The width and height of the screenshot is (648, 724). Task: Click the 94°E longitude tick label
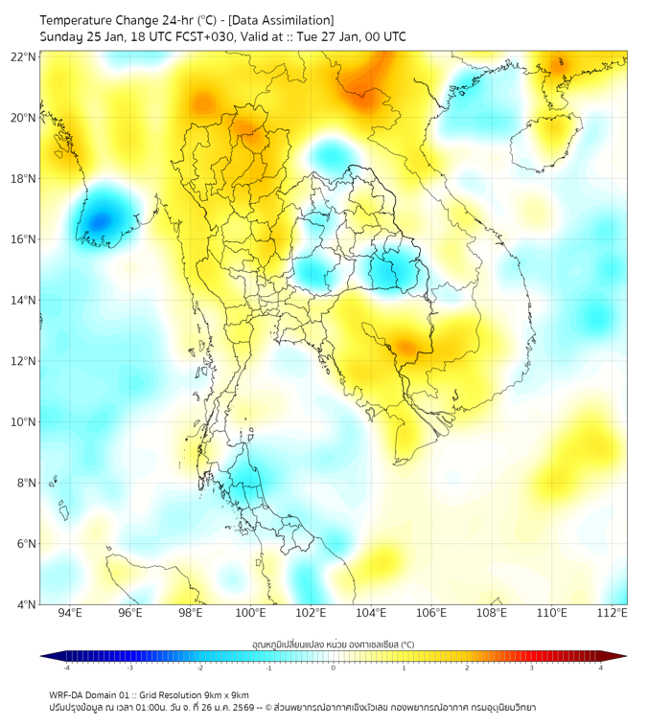pyautogui.click(x=70, y=614)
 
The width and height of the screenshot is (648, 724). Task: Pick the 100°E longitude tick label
pyautogui.click(x=251, y=614)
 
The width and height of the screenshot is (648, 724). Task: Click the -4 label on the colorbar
pyautogui.click(x=66, y=667)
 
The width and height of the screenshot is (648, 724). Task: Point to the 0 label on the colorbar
pyautogui.click(x=334, y=667)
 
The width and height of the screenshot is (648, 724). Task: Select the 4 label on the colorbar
pyautogui.click(x=601, y=667)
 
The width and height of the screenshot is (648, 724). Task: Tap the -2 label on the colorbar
pyautogui.click(x=199, y=667)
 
